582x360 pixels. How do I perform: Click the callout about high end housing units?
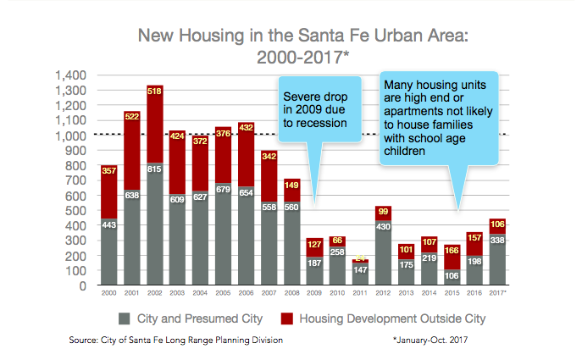435,119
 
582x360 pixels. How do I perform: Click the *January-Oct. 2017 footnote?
431,341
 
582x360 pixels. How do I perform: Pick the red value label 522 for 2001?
131,116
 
